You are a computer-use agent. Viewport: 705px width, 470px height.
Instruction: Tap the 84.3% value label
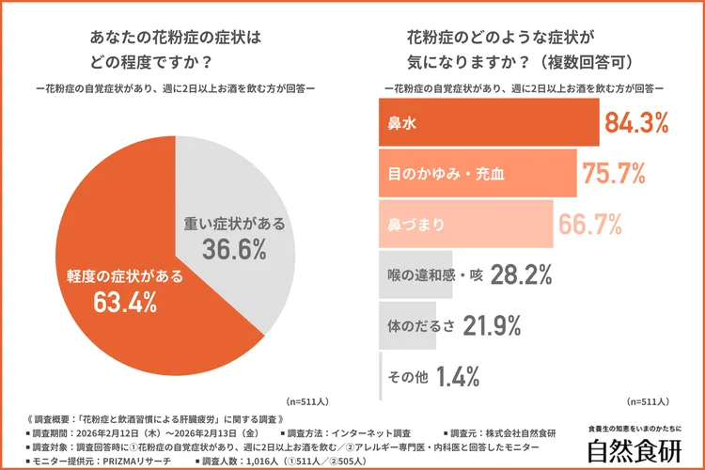[x=636, y=122]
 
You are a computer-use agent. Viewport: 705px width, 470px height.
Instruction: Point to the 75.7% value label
[x=614, y=174]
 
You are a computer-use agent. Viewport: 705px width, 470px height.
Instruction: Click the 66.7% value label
[x=590, y=225]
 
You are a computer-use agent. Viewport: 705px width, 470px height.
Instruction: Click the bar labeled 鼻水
[x=489, y=122]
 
